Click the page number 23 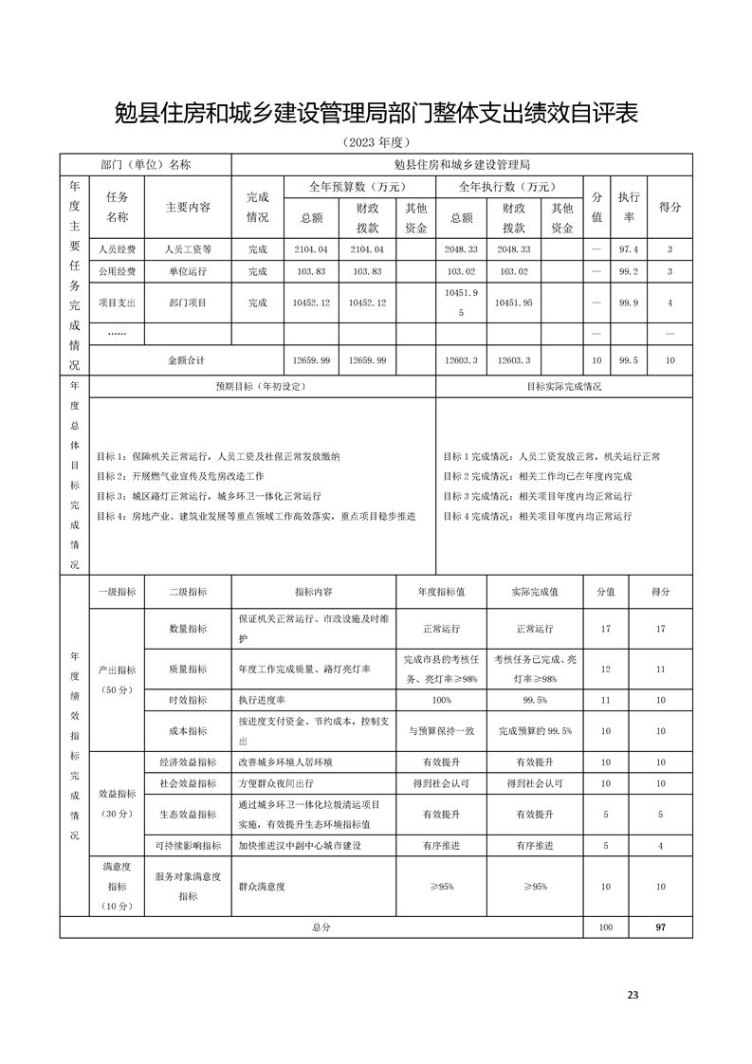click(633, 995)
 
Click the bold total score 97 click(660, 926)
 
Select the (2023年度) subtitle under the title click(376, 142)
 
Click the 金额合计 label click(186, 360)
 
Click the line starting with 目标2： click(180, 476)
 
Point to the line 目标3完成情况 click(538, 496)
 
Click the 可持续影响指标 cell click(188, 845)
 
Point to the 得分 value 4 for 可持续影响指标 click(660, 845)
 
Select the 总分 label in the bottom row click(321, 926)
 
